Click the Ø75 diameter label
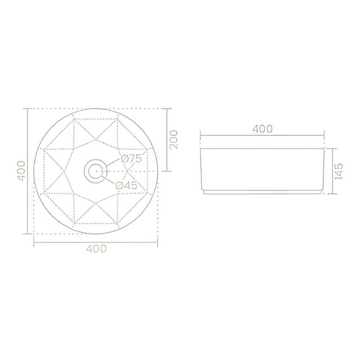point(131,159)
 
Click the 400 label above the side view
point(262,129)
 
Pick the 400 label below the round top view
point(96,249)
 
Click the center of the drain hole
point(96,170)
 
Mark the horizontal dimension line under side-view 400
point(262,136)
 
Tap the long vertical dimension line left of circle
point(27,171)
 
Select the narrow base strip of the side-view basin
point(262,191)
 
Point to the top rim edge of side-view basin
point(262,148)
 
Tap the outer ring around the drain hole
point(96,161)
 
